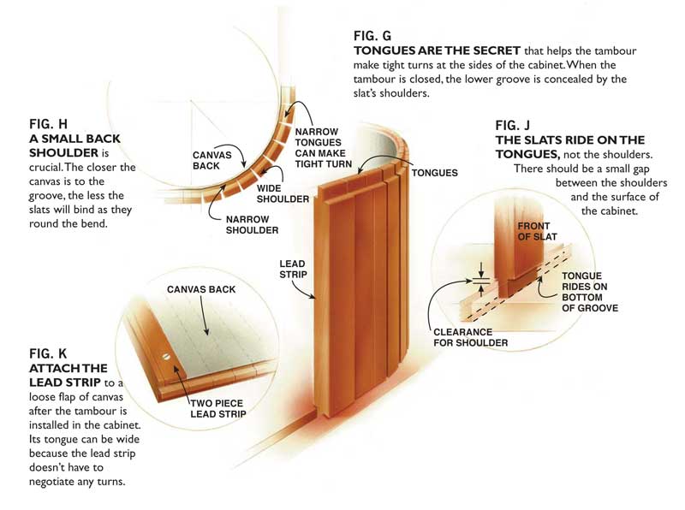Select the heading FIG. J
coord(516,124)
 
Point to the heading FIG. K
coord(48,352)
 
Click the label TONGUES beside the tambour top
coord(434,173)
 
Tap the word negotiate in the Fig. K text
coord(60,481)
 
